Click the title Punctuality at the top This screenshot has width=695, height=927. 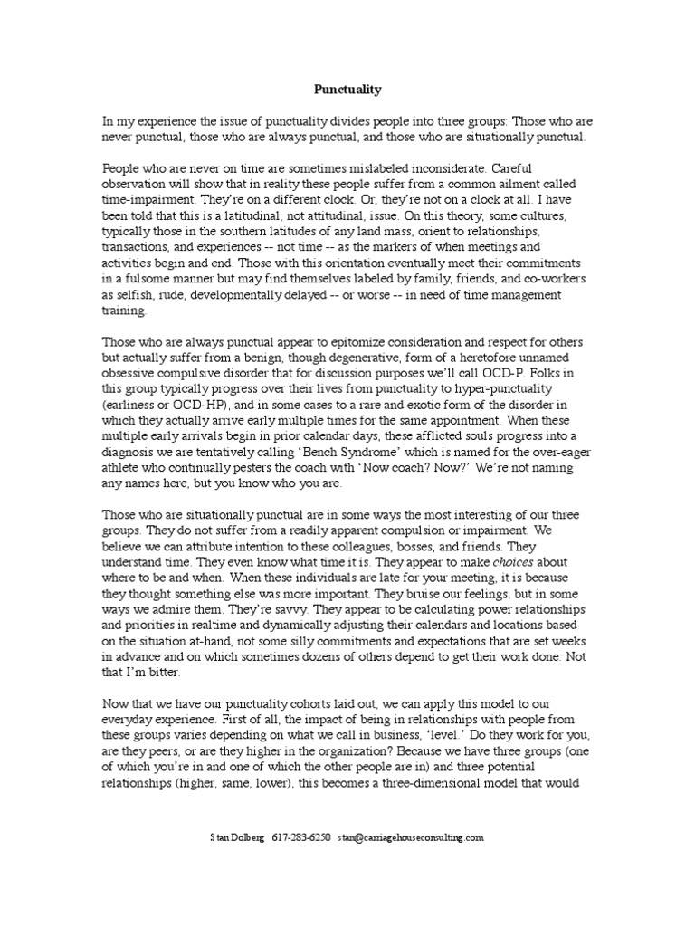click(347, 90)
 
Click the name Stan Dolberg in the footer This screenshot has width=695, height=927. click(237, 838)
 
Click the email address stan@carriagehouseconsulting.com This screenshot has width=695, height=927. click(411, 838)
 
